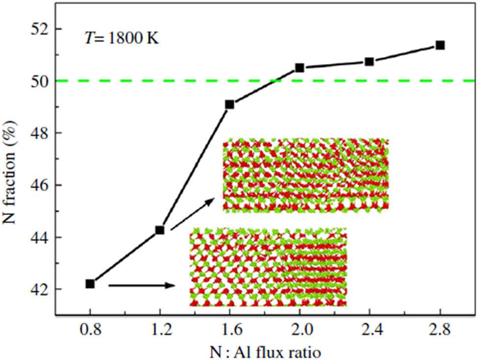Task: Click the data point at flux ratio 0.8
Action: tap(90, 284)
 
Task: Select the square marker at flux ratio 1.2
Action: tap(160, 230)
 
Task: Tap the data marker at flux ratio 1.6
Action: tap(229, 104)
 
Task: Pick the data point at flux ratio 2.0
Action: tap(300, 68)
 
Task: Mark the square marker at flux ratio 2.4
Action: tap(369, 61)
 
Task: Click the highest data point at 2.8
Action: tap(440, 45)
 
